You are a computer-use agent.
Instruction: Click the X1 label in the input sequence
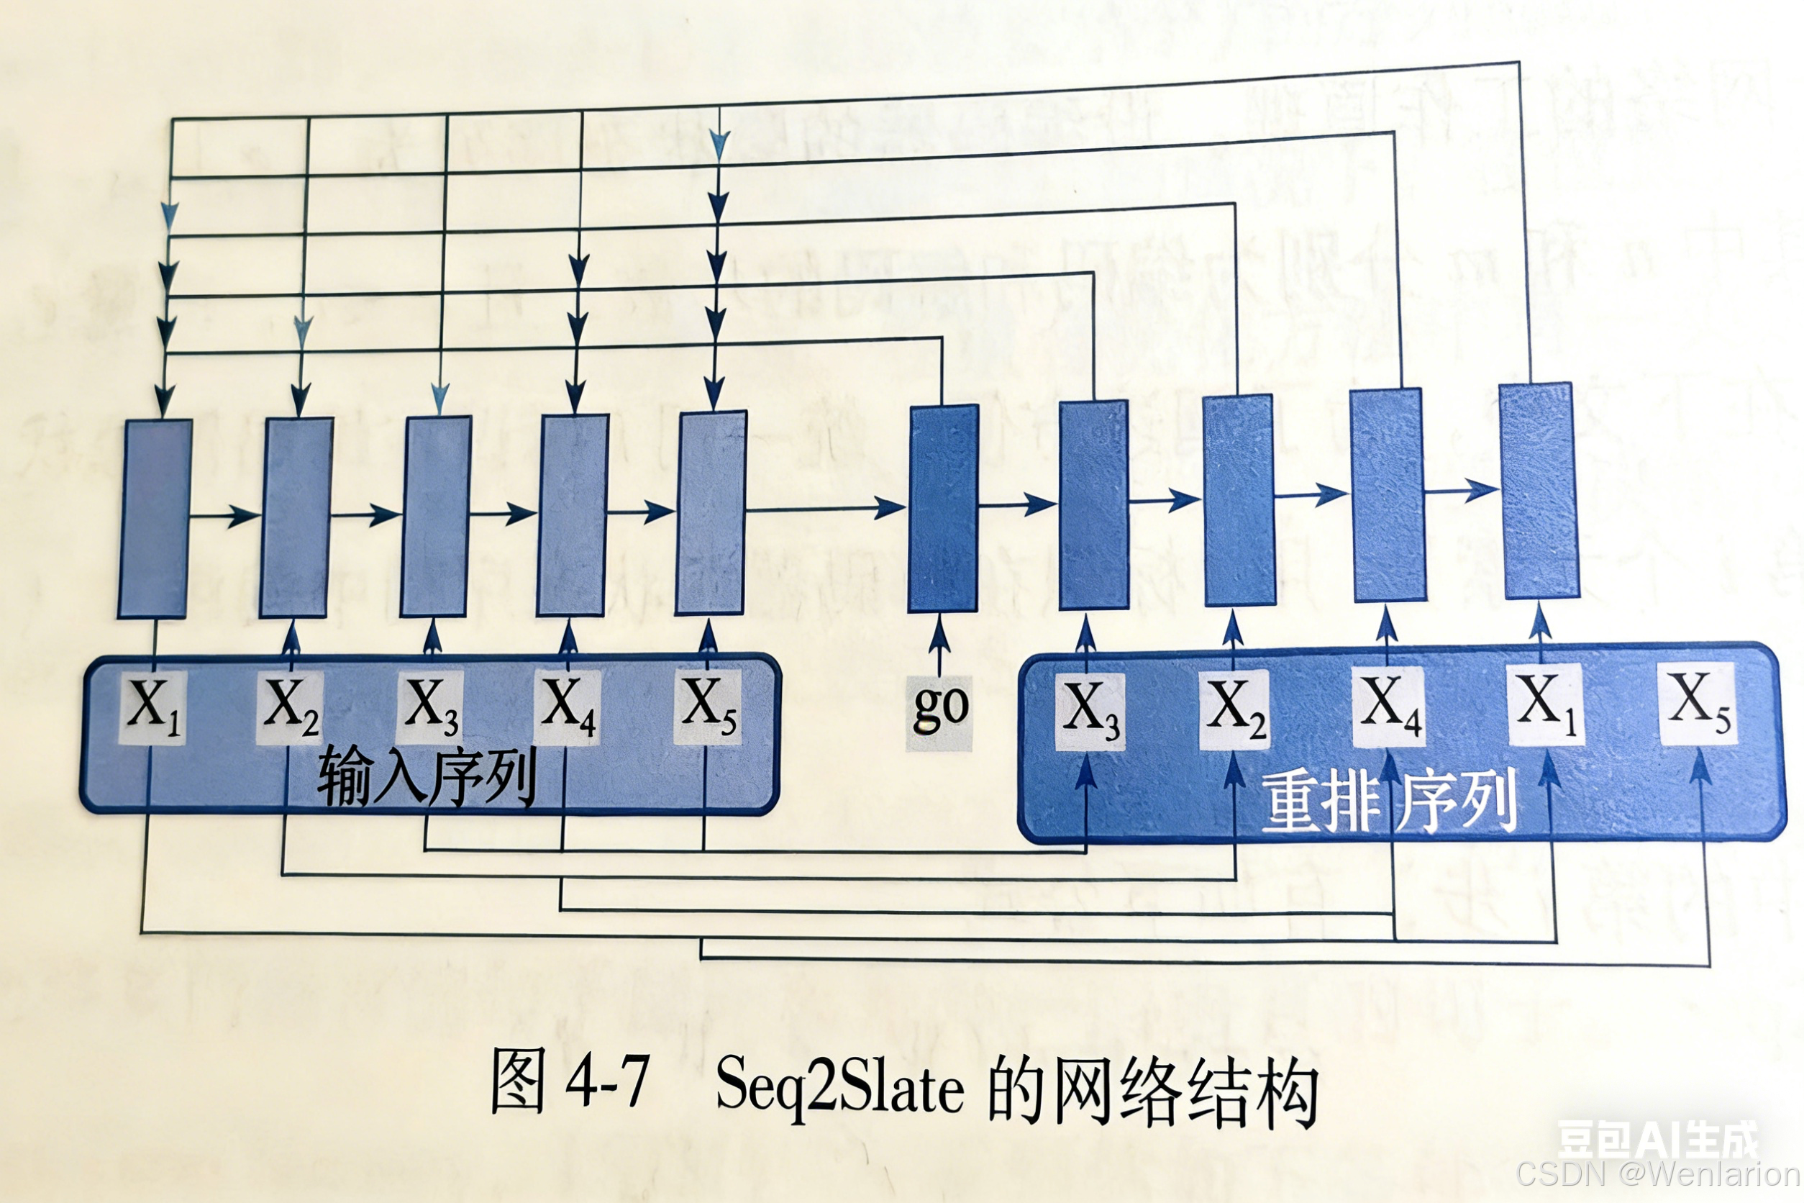click(x=153, y=706)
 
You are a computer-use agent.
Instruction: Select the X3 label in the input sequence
click(x=430, y=706)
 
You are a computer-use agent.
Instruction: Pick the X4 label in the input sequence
click(x=568, y=706)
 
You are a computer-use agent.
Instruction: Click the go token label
click(x=939, y=710)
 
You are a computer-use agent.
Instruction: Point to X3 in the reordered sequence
click(x=1089, y=709)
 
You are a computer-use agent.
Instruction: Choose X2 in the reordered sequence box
click(x=1234, y=709)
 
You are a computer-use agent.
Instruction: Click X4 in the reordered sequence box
click(x=1388, y=704)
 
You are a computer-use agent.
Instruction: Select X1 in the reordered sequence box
click(x=1546, y=703)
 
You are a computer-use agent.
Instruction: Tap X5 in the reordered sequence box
click(x=1698, y=702)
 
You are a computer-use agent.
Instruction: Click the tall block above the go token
click(x=943, y=509)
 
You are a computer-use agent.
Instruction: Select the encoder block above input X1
click(x=154, y=519)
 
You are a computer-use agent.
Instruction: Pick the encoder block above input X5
click(x=710, y=512)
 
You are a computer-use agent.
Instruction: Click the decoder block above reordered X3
click(x=1093, y=505)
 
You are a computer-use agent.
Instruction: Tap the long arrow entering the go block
click(x=824, y=508)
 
